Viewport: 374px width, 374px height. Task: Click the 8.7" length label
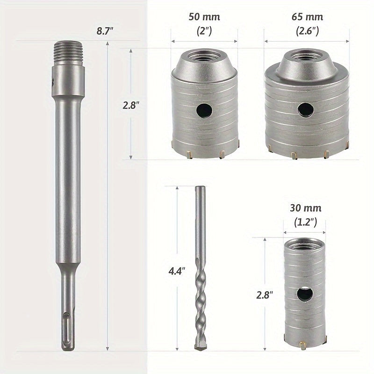pos(105,31)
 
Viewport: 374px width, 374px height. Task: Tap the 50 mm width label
pos(204,17)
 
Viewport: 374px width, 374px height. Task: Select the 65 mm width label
pos(307,17)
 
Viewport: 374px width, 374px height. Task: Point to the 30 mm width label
pos(306,208)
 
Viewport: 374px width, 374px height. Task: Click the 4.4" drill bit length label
pos(177,271)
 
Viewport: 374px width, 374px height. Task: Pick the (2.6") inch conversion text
pos(307,31)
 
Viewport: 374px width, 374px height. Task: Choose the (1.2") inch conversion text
pos(305,223)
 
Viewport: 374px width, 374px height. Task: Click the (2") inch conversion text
pos(204,31)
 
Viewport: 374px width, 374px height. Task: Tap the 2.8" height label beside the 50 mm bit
pos(131,105)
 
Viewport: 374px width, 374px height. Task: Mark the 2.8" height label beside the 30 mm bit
pos(265,295)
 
